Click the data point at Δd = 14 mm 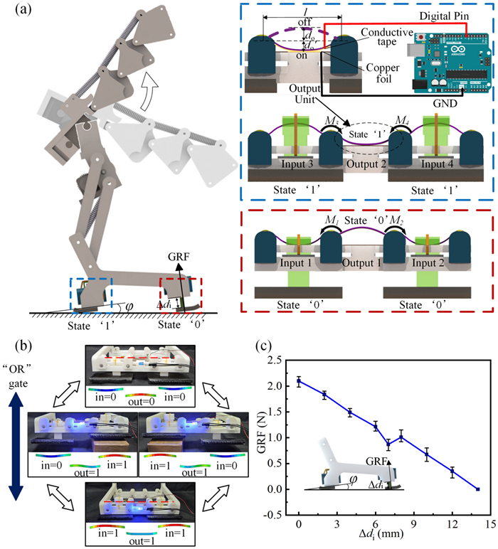coord(477,489)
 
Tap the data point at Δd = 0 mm coord(300,381)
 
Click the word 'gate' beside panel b coord(18,383)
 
